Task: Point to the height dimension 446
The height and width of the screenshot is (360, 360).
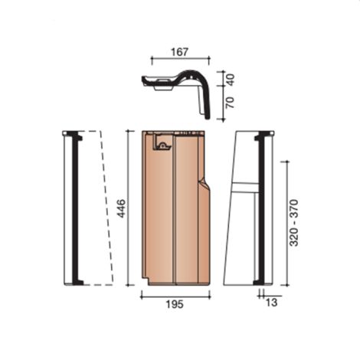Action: tap(121, 208)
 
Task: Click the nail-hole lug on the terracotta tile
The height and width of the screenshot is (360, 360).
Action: tap(162, 143)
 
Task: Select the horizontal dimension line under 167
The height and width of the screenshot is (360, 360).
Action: tap(179, 58)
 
